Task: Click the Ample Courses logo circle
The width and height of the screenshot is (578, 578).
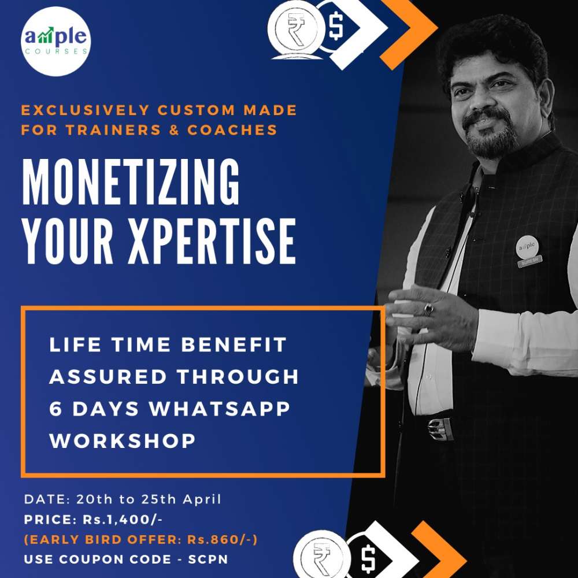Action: [55, 41]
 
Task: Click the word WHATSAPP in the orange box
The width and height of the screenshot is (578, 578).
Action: [219, 409]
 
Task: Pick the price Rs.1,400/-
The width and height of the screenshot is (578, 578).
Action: [123, 520]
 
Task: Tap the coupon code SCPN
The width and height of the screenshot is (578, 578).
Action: [208, 559]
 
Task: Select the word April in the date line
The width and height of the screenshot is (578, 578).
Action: [202, 500]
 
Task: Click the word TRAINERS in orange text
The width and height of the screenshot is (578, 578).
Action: [113, 129]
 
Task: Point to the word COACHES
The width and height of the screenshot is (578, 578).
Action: [232, 129]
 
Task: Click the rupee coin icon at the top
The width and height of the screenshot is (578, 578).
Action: [295, 30]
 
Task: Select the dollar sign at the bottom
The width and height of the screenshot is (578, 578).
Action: [368, 559]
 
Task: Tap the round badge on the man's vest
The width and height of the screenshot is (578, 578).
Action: [527, 247]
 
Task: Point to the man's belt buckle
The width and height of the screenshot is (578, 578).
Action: [440, 429]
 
